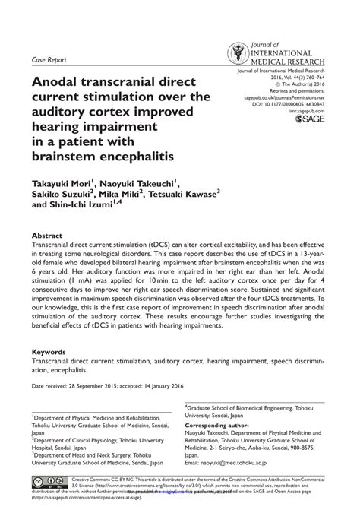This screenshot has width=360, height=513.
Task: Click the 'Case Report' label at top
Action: click(x=48, y=59)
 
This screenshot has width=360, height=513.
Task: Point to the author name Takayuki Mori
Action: click(x=62, y=184)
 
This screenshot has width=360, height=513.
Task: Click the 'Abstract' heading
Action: click(x=48, y=236)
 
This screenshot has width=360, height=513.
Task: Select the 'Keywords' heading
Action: click(x=52, y=353)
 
